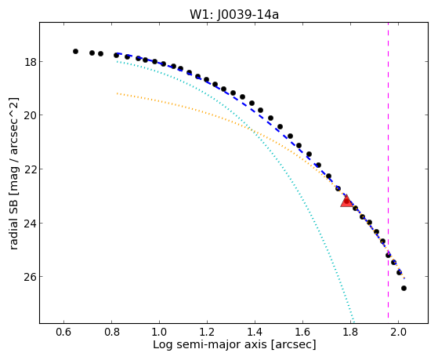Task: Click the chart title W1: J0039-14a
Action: tap(234, 15)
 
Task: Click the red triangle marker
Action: tap(346, 202)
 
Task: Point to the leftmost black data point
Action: tap(75, 52)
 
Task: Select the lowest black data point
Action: tap(404, 288)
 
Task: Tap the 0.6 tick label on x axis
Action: tap(64, 333)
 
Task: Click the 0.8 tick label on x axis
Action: tap(112, 333)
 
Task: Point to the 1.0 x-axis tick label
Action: tap(159, 333)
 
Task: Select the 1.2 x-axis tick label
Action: tap(207, 333)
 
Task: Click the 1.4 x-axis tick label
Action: tap(255, 333)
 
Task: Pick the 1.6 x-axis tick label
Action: tap(302, 333)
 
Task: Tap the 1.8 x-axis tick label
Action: tap(350, 333)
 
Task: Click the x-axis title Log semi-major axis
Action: tap(210, 345)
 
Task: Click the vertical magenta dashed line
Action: tap(389, 173)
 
